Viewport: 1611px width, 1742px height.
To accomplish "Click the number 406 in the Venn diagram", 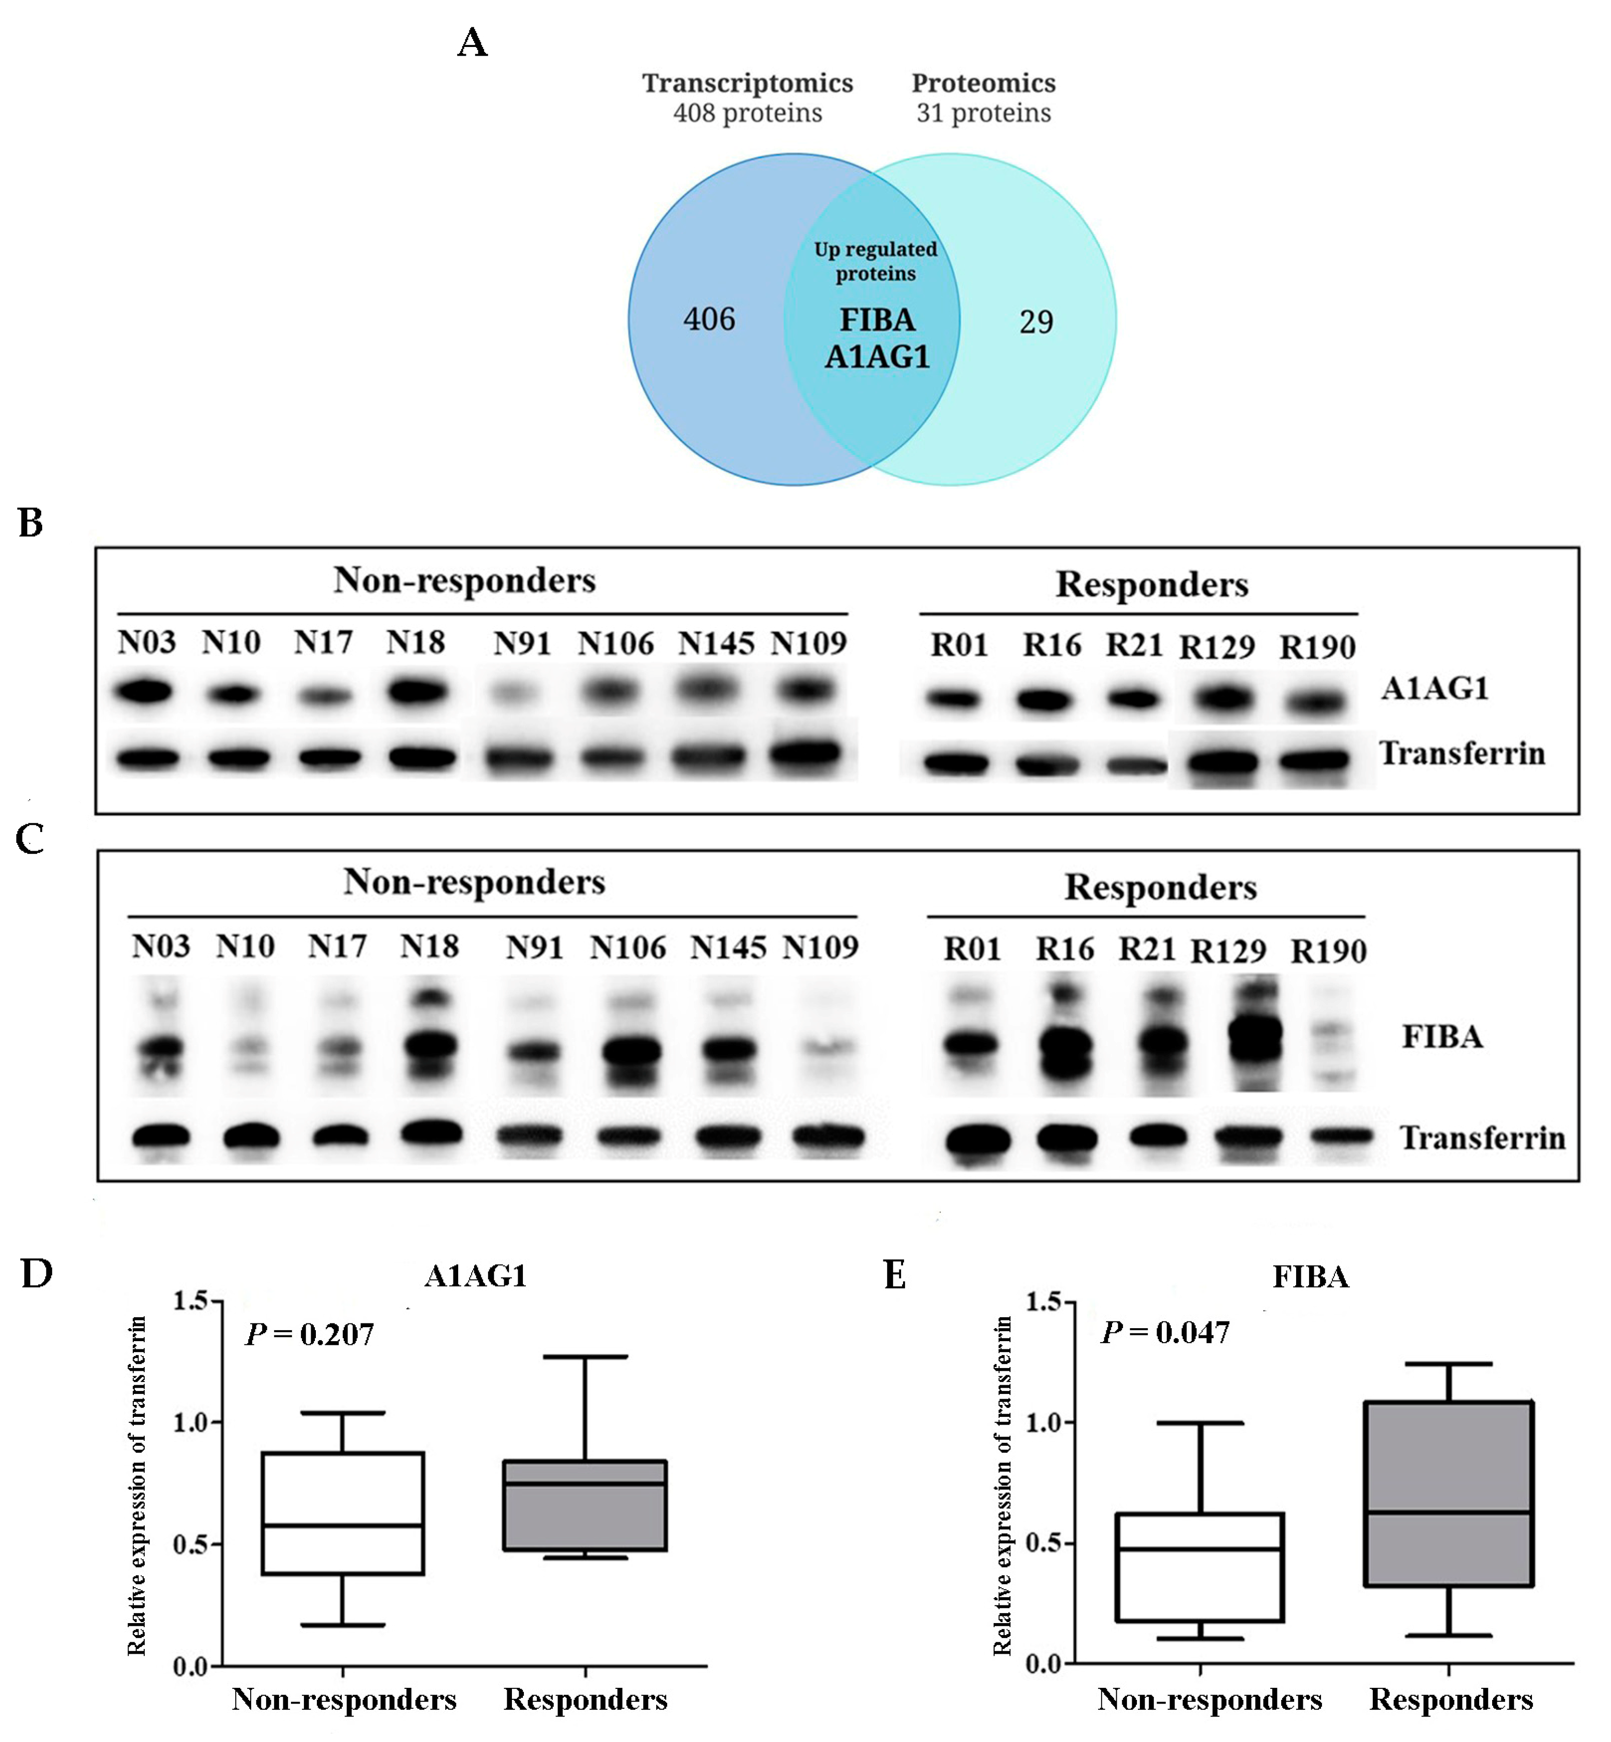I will coord(709,319).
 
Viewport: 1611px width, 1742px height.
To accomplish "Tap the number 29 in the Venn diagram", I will coord(1036,322).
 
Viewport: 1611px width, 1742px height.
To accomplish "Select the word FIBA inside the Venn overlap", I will coord(877,320).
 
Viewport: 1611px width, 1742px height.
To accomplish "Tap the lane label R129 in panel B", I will coord(1217,647).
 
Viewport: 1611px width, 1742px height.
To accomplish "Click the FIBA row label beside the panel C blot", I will coord(1442,1037).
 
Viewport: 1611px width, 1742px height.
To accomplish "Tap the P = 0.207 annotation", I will coord(310,1334).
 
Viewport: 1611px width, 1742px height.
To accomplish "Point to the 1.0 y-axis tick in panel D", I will coord(189,1423).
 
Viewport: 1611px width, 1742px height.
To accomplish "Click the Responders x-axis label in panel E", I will coord(1450,1698).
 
